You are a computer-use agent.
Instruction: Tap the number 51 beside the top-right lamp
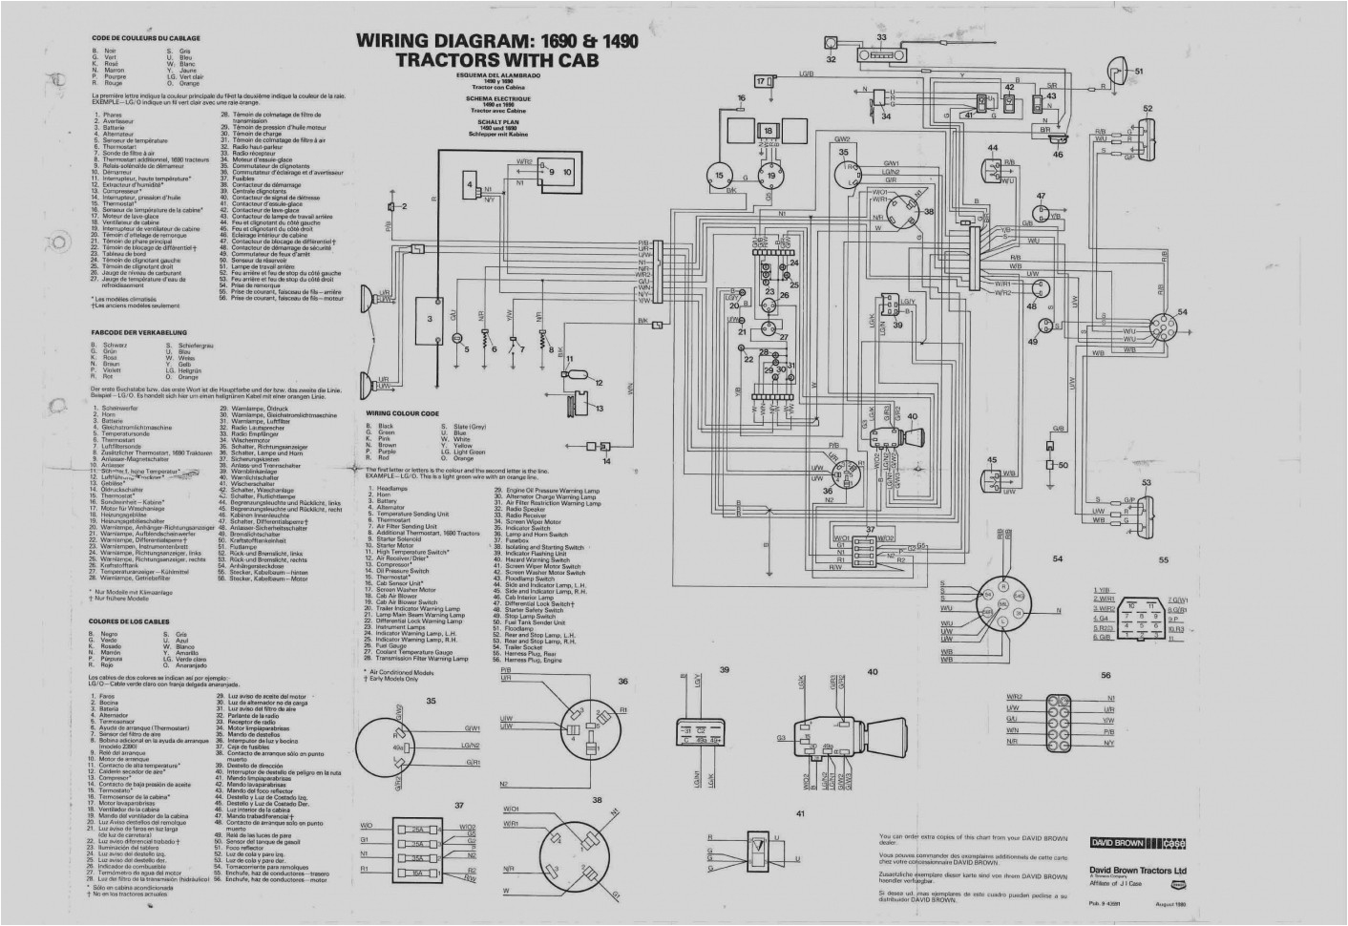(x=1138, y=71)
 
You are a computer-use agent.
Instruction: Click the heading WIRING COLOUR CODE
(x=402, y=413)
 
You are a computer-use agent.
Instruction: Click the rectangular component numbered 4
(x=470, y=183)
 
